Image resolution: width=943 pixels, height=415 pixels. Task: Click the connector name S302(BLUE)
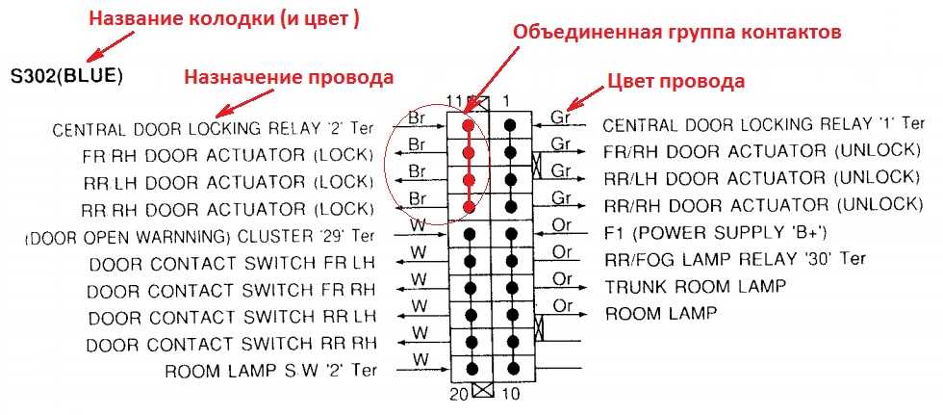click(66, 74)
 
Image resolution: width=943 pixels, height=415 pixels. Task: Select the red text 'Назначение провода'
click(289, 77)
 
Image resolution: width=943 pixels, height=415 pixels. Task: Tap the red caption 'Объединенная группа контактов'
click(677, 32)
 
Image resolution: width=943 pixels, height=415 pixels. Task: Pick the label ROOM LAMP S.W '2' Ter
click(270, 370)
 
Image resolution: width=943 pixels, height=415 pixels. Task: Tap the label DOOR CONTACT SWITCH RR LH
click(231, 317)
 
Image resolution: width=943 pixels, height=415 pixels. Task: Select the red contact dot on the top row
click(469, 125)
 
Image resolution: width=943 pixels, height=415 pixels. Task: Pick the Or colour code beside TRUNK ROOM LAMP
click(563, 279)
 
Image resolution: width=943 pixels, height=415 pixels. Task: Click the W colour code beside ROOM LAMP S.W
click(419, 360)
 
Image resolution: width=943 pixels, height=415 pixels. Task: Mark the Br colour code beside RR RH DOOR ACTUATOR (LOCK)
click(418, 198)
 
